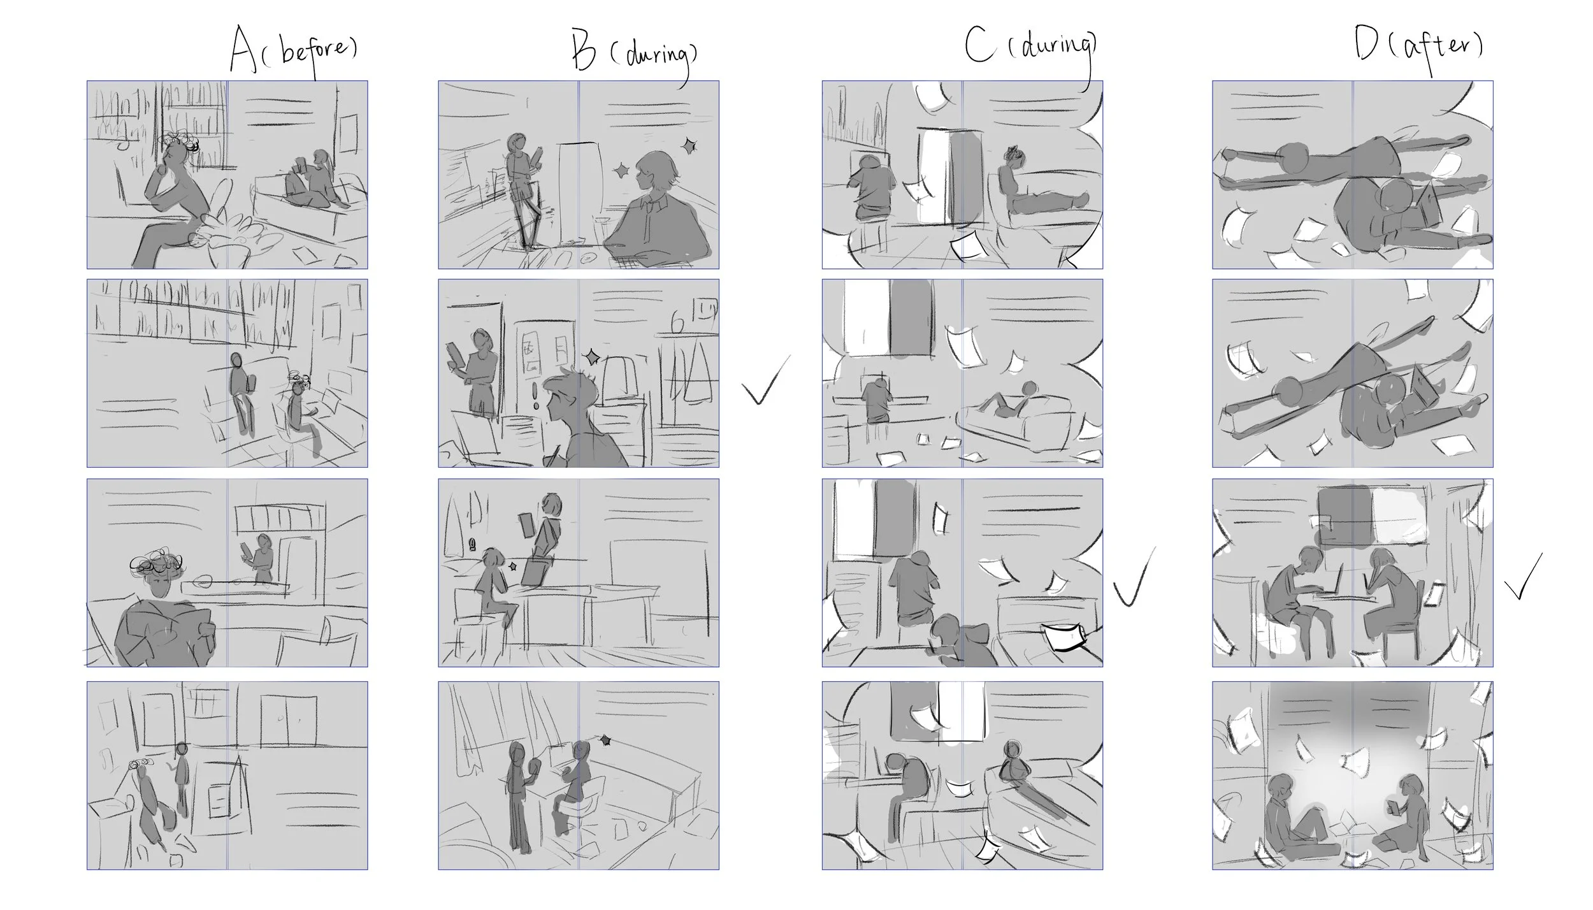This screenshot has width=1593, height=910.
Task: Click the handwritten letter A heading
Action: click(x=243, y=50)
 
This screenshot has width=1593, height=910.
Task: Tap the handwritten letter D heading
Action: click(x=1365, y=45)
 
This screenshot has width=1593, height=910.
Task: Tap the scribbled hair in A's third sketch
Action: click(x=156, y=564)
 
